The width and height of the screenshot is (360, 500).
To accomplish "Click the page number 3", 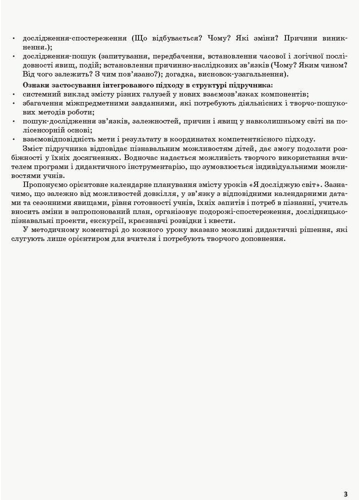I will point(345,493).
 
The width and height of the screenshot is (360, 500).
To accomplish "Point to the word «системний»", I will point(40,94).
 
